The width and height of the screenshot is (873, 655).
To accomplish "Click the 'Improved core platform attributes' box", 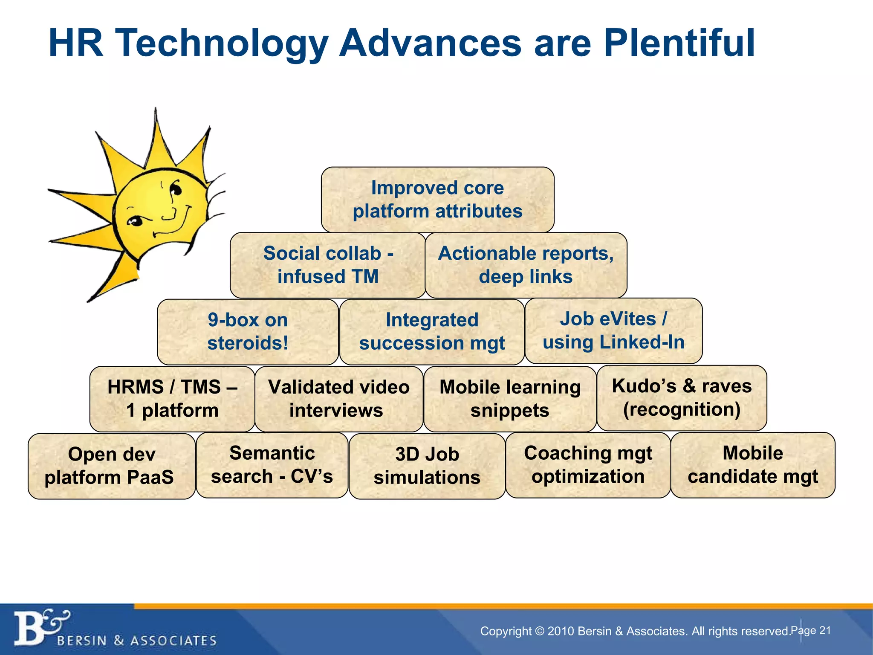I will pos(437,200).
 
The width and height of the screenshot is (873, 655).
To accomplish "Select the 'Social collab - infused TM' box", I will pos(327,265).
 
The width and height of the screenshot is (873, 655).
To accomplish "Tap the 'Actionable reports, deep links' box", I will pos(526,265).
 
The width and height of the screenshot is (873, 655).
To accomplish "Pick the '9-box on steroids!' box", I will pos(248,331).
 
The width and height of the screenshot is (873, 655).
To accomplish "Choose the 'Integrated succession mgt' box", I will pos(431,331).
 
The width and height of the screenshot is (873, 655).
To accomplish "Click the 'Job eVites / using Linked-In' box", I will pos(613,330).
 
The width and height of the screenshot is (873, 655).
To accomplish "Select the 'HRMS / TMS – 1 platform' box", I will pos(172,398).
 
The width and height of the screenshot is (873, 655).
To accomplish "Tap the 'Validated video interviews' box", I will pos(338,398).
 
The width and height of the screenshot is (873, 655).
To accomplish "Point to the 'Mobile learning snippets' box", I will pos(510,398).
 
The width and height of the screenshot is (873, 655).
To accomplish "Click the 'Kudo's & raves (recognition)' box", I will pos(681,397).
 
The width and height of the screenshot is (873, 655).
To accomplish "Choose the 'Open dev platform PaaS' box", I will pos(111,466).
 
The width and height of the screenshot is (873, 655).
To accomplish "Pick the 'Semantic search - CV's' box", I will pos(272,465).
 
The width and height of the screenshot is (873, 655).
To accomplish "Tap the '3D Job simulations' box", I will pos(427,466).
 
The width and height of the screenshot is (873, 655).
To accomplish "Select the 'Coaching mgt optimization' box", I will pos(588,465).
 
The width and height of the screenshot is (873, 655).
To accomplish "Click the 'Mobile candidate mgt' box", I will pos(752,465).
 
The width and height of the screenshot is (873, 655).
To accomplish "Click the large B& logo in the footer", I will pos(40,627).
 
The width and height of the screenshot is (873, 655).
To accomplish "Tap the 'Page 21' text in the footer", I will pos(810,630).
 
